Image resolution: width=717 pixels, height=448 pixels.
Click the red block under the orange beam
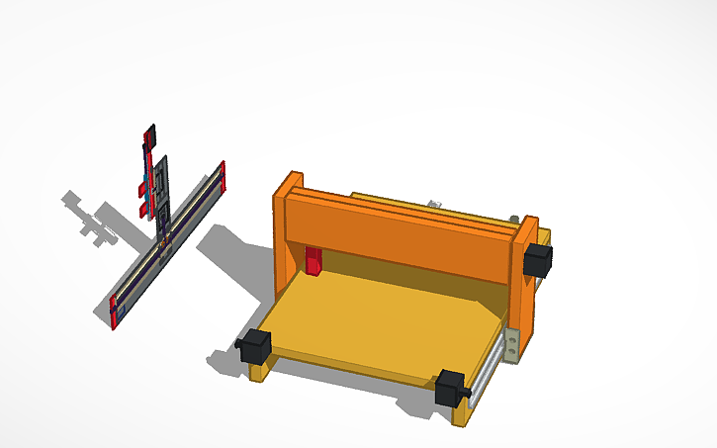(314, 261)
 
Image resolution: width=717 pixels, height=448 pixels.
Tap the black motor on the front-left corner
(257, 346)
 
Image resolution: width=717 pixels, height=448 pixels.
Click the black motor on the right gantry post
(537, 258)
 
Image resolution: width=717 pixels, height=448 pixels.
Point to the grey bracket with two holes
(511, 342)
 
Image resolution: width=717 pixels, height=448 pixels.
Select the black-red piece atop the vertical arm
(150, 136)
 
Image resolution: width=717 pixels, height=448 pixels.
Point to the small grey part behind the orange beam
(433, 205)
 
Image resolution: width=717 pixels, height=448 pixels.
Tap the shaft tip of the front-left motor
(239, 343)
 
